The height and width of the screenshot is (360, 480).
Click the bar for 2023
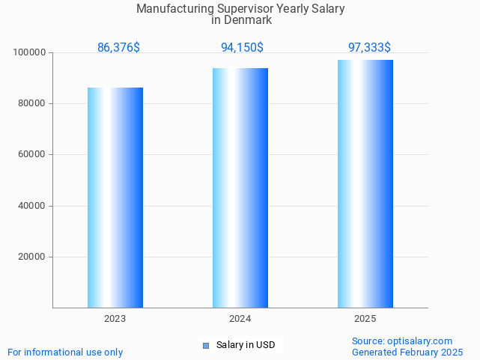pyautogui.click(x=115, y=198)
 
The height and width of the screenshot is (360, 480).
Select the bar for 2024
pyautogui.click(x=240, y=188)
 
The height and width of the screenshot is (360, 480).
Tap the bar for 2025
pyautogui.click(x=365, y=183)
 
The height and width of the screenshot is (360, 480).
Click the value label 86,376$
pyautogui.click(x=118, y=47)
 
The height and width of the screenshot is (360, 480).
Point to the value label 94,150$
pyautogui.click(x=242, y=47)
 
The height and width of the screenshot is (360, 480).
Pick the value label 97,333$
pyautogui.click(x=369, y=47)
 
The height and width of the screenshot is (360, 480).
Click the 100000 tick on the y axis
pyautogui.click(x=30, y=52)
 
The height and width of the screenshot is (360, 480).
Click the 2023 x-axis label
pyautogui.click(x=115, y=319)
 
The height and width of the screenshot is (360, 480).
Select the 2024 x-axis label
pyautogui.click(x=240, y=319)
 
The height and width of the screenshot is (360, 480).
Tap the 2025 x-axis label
pyautogui.click(x=365, y=319)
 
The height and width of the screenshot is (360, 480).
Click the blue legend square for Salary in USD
pyautogui.click(x=206, y=345)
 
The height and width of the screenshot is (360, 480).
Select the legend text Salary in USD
pyautogui.click(x=246, y=345)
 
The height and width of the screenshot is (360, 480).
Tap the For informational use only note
pyautogui.click(x=65, y=352)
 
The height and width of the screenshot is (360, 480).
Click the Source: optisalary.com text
pyautogui.click(x=402, y=341)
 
